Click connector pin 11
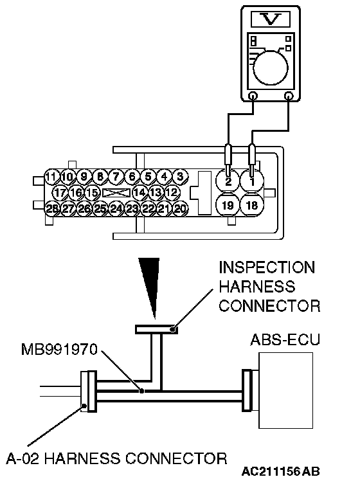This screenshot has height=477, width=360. (51, 176)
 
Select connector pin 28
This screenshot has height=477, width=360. (52, 209)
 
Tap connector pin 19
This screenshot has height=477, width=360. (228, 205)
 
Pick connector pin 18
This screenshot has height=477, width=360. (252, 205)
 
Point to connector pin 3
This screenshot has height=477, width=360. (180, 176)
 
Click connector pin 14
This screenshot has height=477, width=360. (139, 193)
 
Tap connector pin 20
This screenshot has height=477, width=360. (181, 209)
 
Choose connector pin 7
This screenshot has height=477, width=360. (116, 176)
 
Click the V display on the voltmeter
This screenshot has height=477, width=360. (271, 20)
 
